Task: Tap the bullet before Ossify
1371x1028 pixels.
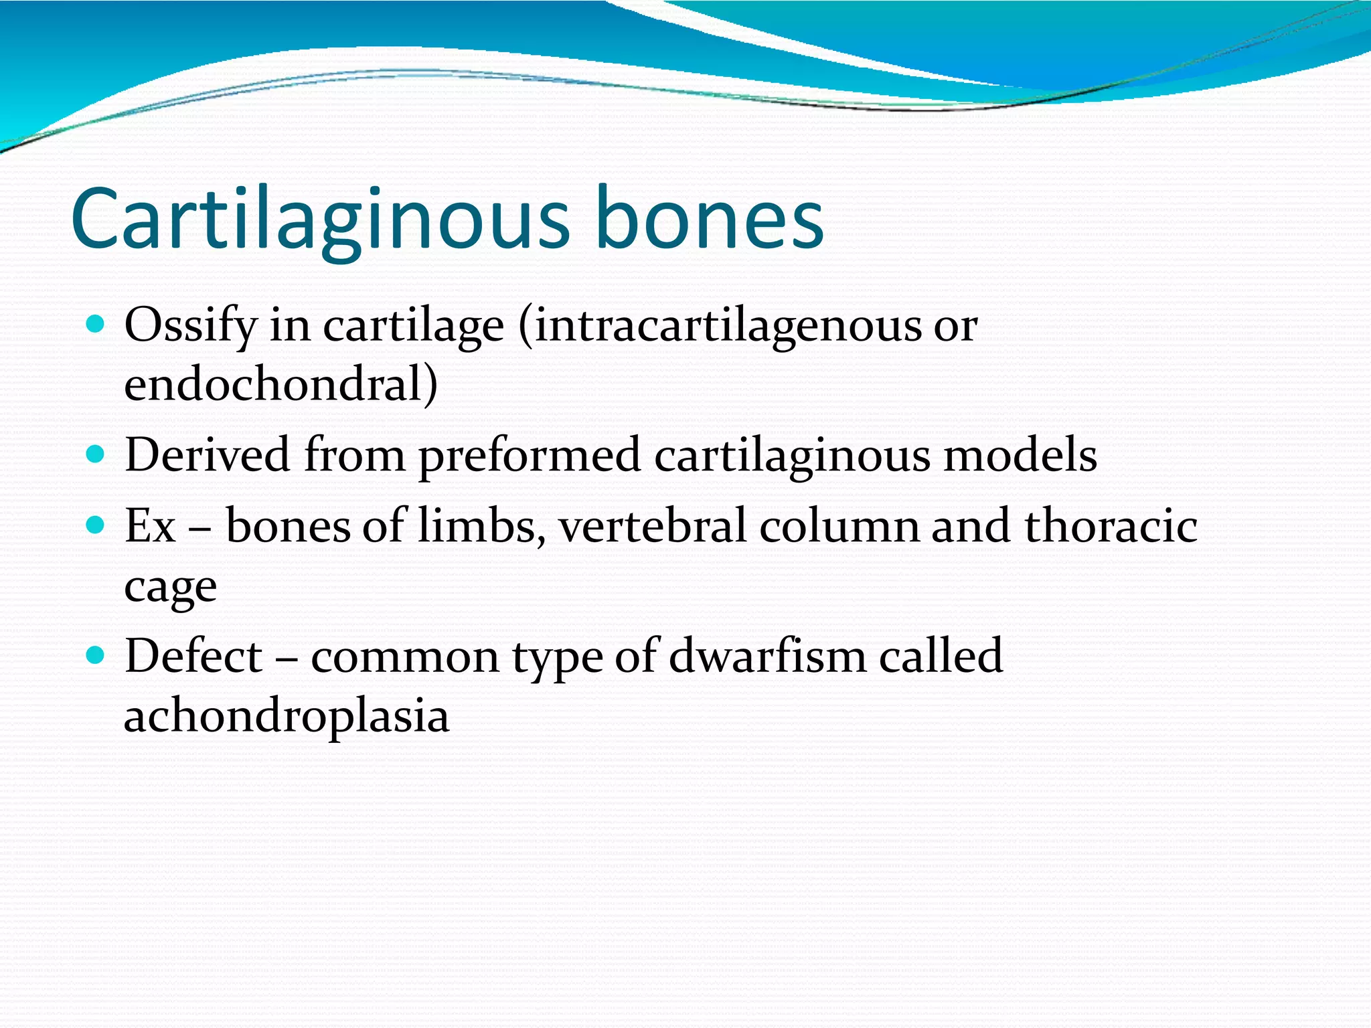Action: [96, 325]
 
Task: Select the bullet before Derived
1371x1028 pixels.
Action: [96, 455]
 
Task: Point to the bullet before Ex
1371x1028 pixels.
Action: [96, 525]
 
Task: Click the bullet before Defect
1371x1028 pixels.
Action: [96, 655]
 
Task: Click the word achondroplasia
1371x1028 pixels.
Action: [287, 716]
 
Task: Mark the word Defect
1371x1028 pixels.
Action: [193, 655]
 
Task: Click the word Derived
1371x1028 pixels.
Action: [208, 455]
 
